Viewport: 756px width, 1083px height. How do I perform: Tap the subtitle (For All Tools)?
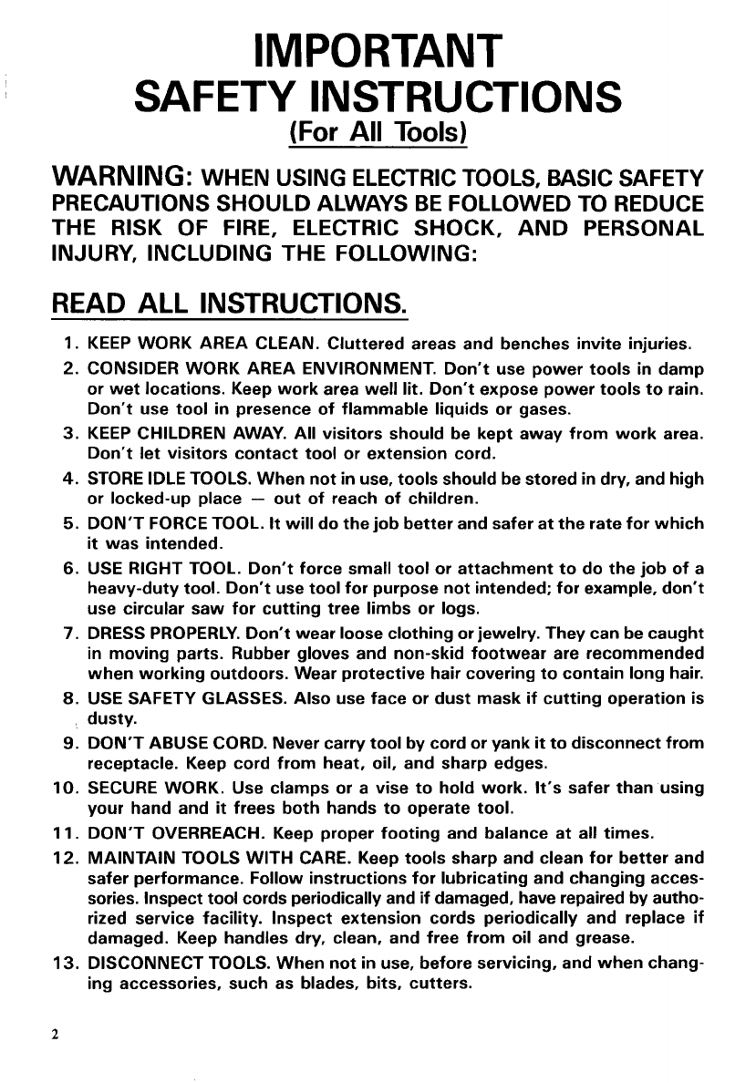(378, 134)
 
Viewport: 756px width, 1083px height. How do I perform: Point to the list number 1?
(69, 345)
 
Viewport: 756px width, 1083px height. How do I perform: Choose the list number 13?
(63, 964)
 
